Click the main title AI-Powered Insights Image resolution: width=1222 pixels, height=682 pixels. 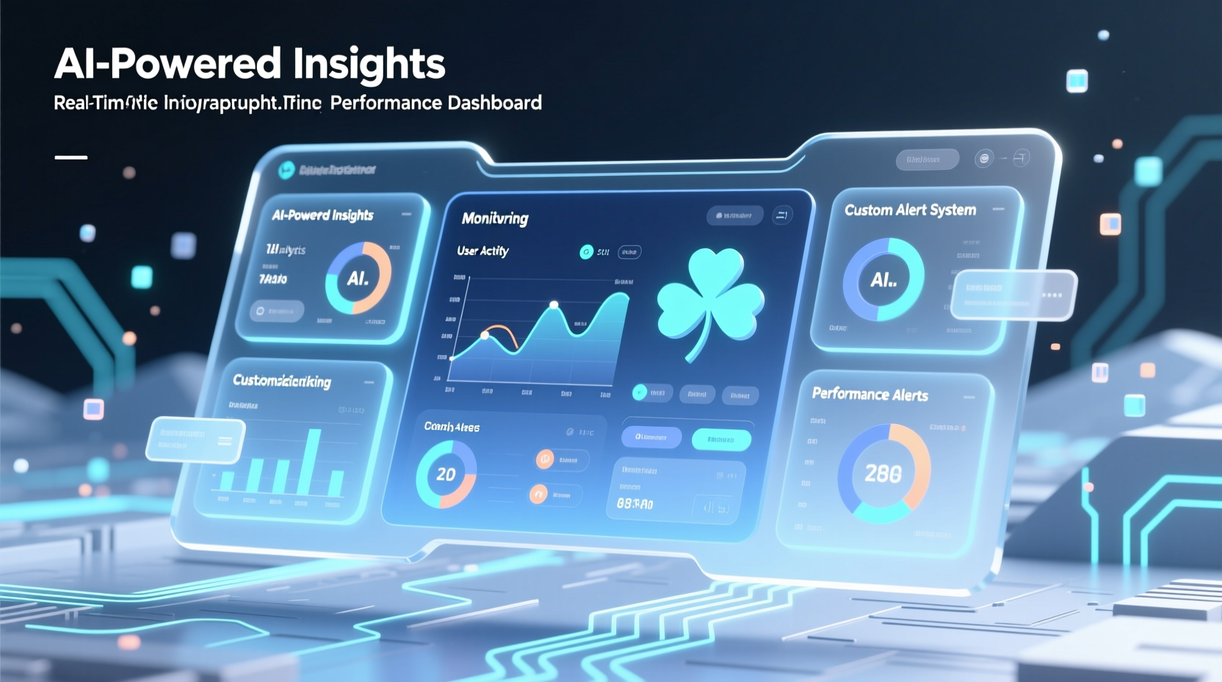click(x=250, y=64)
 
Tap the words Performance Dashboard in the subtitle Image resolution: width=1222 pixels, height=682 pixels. click(x=435, y=103)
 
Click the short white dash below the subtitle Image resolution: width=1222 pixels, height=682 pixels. click(x=70, y=157)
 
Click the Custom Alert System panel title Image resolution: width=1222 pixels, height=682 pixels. click(x=910, y=210)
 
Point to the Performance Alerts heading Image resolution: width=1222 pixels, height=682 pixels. click(x=869, y=395)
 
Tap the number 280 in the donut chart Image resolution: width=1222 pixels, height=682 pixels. click(x=883, y=474)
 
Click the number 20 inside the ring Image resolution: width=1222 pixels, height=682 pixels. click(x=446, y=475)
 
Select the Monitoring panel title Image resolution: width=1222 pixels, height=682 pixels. click(x=495, y=218)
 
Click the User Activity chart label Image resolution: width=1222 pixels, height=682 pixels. click(x=482, y=251)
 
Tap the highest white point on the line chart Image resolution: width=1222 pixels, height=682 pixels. click(x=554, y=304)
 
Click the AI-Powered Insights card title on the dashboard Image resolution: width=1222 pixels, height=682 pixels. click(x=322, y=215)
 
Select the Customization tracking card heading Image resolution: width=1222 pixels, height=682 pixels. click(x=281, y=381)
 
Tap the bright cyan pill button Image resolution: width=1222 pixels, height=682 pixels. click(x=721, y=439)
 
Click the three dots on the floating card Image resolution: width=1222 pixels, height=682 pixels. click(x=1052, y=295)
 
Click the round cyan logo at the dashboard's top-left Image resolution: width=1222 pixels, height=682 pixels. click(x=286, y=170)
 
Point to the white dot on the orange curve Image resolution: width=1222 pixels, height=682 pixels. click(x=485, y=335)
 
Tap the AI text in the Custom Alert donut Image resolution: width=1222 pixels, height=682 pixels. click(x=883, y=280)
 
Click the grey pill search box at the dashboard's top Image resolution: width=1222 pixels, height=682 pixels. click(x=927, y=159)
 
